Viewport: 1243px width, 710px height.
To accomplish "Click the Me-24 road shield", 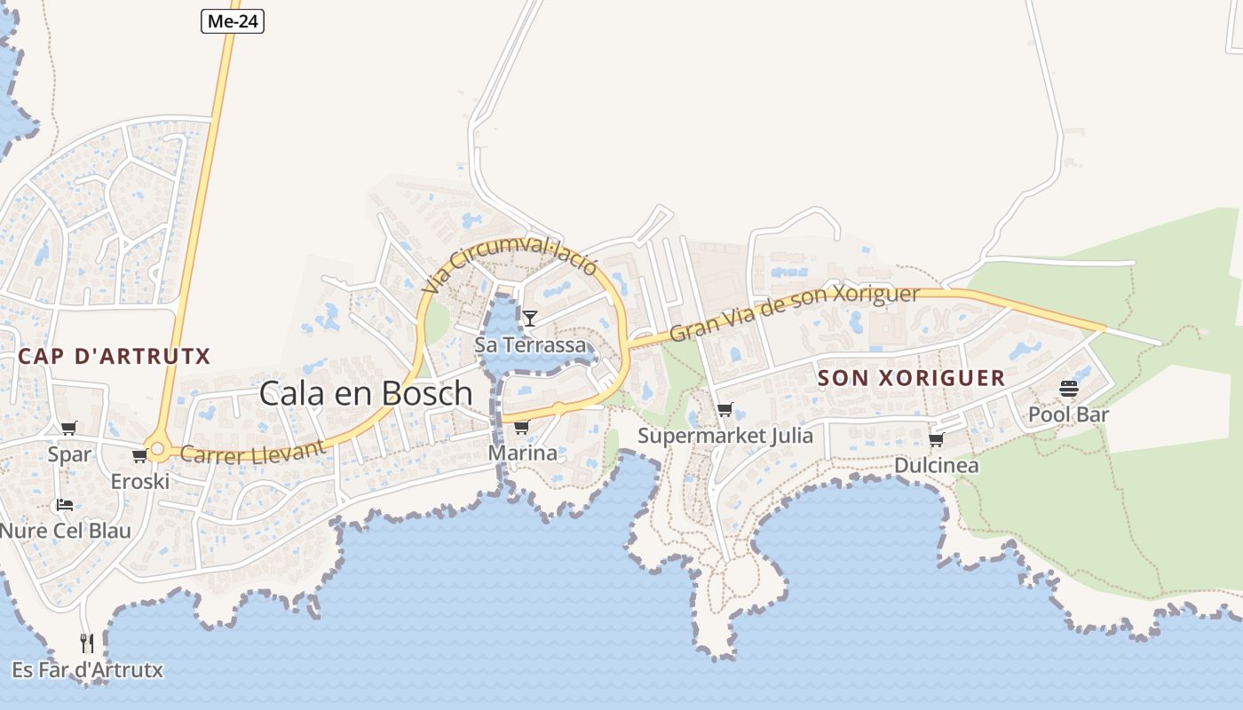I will [233, 21].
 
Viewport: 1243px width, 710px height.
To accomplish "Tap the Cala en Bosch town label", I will [366, 393].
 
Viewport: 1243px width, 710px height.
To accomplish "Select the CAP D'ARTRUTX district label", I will [115, 357].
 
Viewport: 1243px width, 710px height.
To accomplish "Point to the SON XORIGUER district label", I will [911, 378].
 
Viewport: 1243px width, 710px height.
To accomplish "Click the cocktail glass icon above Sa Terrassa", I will [530, 318].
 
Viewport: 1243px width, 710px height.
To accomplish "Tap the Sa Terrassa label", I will [531, 344].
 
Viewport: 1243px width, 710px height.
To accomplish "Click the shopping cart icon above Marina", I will [521, 428].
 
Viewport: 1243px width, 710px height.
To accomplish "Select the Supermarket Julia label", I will [725, 436].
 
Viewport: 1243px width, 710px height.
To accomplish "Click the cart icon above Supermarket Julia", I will [725, 409].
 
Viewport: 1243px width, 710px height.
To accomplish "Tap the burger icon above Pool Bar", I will [1068, 389].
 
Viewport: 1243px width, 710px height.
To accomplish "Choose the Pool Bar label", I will [1068, 414].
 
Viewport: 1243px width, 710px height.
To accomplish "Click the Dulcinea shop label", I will [936, 466].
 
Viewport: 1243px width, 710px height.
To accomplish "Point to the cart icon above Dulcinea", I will [936, 440].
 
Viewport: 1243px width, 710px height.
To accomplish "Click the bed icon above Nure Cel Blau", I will [65, 505].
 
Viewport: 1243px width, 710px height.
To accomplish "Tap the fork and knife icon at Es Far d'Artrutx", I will [87, 643].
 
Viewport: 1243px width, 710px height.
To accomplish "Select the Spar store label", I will [69, 454].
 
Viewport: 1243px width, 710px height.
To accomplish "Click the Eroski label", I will [139, 482].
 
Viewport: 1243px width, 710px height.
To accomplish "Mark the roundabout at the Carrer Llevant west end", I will [158, 450].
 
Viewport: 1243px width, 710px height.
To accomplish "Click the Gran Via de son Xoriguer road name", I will [794, 312].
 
